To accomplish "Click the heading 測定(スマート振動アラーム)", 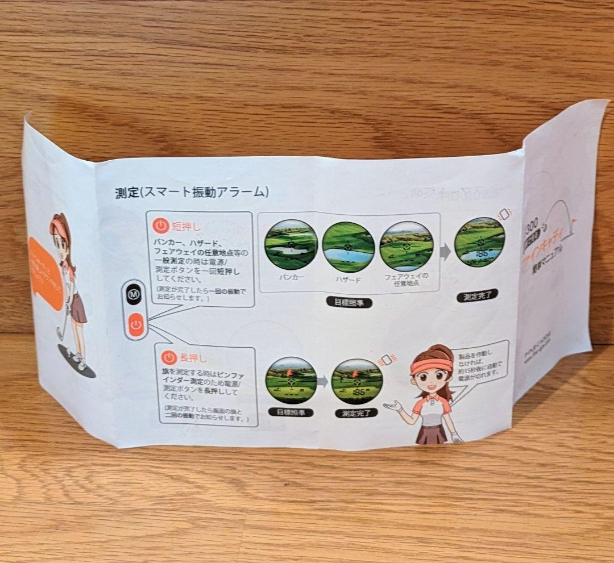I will pos(192,192).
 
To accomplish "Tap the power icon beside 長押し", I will pos(169,357).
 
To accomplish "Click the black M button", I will pos(134,294).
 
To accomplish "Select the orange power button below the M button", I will pos(135,325).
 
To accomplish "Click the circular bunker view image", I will pos(291,244).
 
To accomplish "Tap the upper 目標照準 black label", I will pos(349,303).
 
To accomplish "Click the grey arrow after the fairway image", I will pos(445,252).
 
